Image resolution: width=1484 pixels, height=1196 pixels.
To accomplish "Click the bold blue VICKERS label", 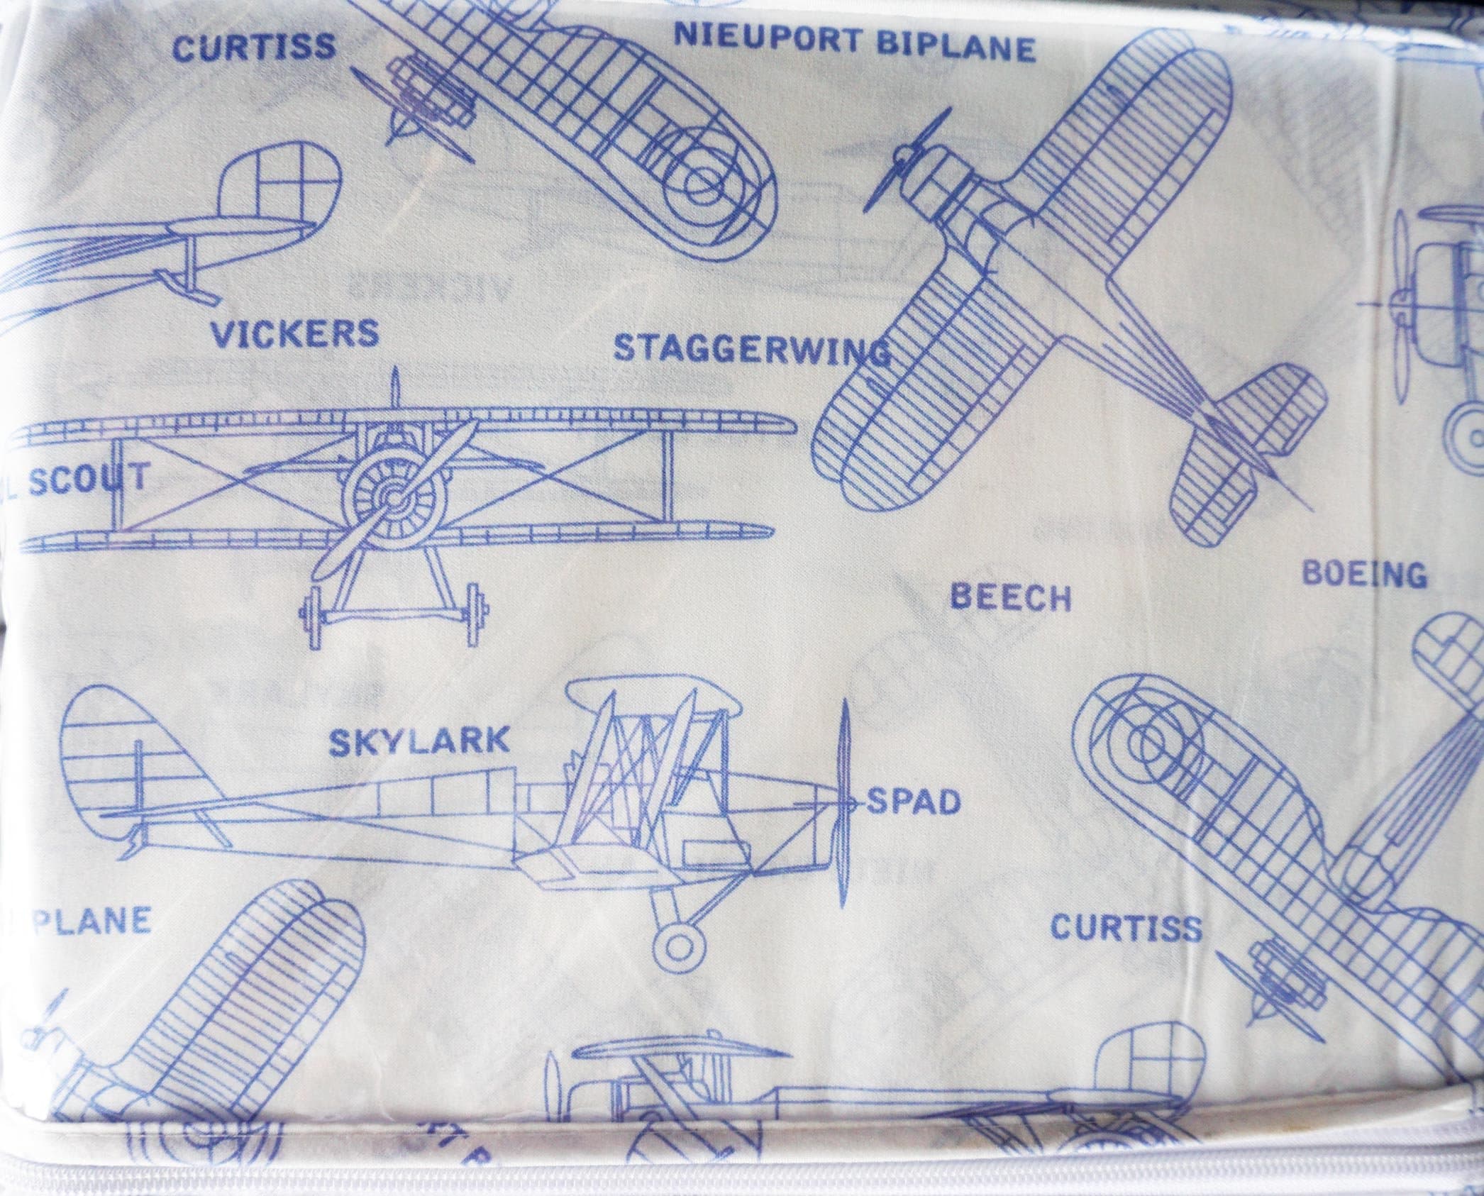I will pos(294,333).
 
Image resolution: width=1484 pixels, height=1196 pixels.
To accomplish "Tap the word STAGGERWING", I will pos(751,349).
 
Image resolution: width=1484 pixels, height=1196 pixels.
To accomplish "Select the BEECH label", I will pos(1010,599).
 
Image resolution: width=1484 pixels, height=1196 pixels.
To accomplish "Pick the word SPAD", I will pos(914,802).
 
